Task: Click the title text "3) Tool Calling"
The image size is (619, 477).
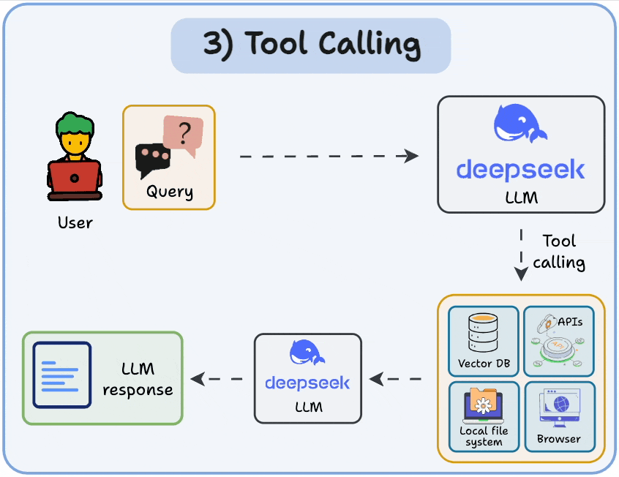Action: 312,45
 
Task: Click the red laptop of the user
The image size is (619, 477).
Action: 74,178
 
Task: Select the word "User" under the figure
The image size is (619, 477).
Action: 75,222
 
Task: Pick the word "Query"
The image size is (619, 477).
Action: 170,192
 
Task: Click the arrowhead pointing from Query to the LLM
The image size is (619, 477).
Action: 411,156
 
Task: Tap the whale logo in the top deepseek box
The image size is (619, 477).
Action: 519,123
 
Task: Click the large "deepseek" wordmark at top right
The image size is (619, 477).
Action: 521,170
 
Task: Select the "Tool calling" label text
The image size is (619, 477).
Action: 559,252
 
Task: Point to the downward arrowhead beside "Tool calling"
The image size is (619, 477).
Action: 521,273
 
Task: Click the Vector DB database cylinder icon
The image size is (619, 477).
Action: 483,332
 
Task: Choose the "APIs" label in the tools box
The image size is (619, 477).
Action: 570,322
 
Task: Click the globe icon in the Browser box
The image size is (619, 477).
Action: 561,404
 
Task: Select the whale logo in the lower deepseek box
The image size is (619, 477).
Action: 307,352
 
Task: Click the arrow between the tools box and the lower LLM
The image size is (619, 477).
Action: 395,379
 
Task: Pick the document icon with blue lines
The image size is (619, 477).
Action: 62,375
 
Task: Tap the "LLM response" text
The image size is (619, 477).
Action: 138,379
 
